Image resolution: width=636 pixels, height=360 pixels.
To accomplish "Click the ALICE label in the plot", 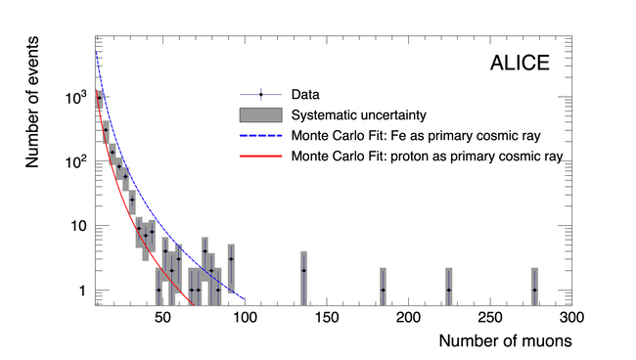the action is tap(520, 63).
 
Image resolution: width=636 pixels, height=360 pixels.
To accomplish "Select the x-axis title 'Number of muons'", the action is tap(506, 341).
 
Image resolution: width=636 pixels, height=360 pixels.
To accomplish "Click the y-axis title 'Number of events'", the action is tap(32, 102).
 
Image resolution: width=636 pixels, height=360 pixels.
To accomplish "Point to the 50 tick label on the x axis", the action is tap(162, 317).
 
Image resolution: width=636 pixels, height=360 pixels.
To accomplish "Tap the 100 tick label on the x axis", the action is tap(245, 317).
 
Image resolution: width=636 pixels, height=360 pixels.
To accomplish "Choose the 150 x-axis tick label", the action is tap(327, 317).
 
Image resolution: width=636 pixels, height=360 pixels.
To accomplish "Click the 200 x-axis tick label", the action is tap(408, 317).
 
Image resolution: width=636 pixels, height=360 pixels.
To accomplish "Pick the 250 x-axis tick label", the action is tap(490, 317).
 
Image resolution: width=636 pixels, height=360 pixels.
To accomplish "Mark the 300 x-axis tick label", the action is tap(572, 317).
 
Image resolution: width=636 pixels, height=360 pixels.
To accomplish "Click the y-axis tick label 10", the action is tap(79, 226).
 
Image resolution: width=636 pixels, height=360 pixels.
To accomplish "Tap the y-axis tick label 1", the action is tap(83, 291).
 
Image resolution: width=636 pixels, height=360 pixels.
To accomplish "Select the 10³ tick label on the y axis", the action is tap(76, 97).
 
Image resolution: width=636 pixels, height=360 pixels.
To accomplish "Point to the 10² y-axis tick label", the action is tap(76, 162).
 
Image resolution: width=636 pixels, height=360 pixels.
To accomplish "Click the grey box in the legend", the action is tap(261, 115).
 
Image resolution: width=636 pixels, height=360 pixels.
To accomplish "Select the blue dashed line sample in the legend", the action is tap(261, 136).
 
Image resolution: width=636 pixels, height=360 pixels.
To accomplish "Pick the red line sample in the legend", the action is tap(261, 157).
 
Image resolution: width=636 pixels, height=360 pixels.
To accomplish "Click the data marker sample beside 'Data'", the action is tap(261, 95).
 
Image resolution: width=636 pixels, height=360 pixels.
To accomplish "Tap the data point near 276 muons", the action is tap(534, 291).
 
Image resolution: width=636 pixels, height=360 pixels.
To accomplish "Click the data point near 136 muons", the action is tap(303, 270).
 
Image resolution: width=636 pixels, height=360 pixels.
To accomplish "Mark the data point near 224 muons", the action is tap(448, 291).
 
